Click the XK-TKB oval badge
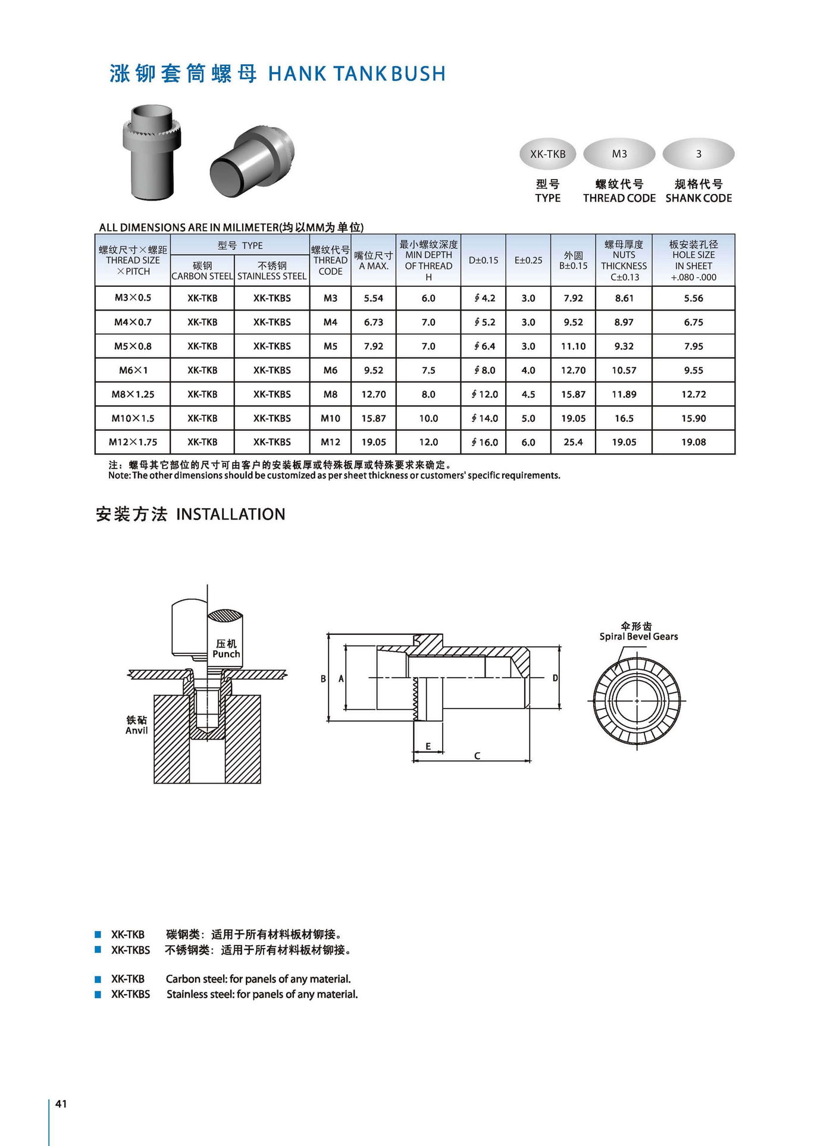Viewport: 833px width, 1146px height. [547, 154]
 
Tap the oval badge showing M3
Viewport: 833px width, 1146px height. [619, 154]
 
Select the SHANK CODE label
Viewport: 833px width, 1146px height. [699, 198]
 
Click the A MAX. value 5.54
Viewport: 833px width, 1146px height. [374, 298]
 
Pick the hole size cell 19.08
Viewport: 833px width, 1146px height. [693, 442]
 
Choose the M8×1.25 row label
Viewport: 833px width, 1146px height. [133, 394]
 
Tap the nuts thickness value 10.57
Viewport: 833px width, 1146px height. [624, 370]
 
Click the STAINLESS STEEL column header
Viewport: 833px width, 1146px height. [272, 276]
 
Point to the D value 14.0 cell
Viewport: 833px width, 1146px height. [484, 418]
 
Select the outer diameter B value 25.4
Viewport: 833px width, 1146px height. [573, 442]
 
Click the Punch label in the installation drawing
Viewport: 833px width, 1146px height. [226, 654]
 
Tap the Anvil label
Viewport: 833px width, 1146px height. [136, 731]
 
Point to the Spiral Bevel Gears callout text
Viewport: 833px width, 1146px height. [638, 637]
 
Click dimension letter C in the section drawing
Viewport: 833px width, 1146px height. [477, 756]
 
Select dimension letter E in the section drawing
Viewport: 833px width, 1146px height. [428, 746]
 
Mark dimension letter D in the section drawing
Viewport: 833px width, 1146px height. [555, 678]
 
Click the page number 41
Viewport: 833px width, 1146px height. [61, 1104]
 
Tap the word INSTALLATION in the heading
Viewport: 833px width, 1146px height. [231, 514]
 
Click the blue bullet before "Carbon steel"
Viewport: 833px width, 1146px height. [98, 979]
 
